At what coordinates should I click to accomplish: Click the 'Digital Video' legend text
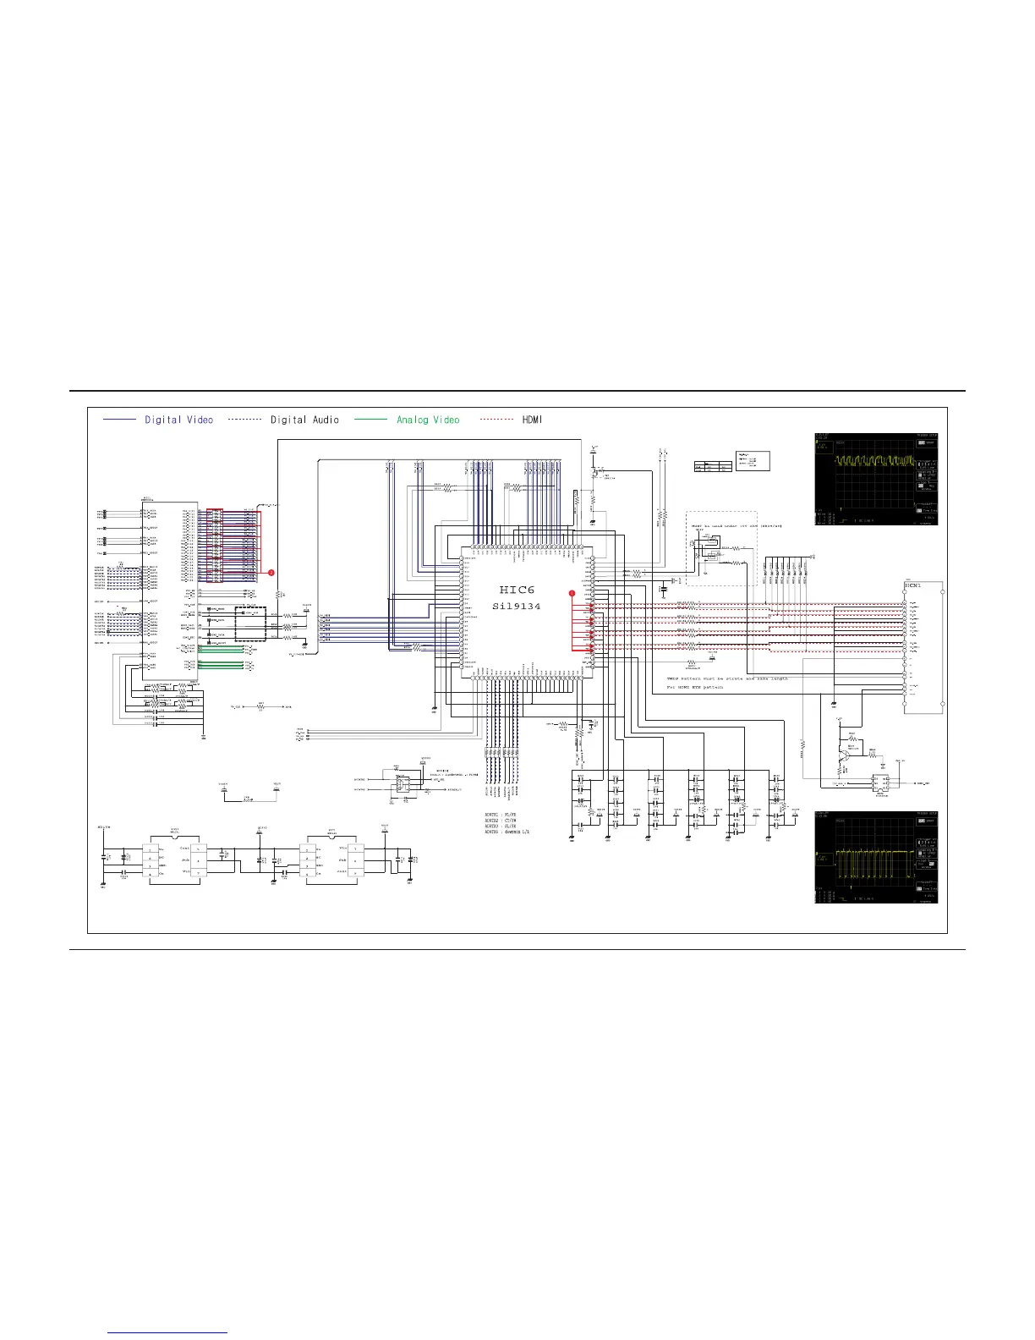(x=178, y=420)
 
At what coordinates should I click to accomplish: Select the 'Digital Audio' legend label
(x=304, y=420)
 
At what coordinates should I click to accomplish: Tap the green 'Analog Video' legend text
(x=428, y=420)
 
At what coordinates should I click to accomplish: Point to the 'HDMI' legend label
(x=532, y=420)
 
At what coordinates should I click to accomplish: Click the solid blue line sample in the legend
(x=119, y=420)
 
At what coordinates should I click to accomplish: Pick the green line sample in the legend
(x=370, y=420)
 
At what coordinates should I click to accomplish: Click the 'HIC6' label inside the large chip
(x=517, y=590)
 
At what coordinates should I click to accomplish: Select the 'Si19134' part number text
(x=517, y=607)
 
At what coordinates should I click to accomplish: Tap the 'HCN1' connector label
(x=912, y=585)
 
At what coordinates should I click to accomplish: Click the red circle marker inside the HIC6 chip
(x=572, y=593)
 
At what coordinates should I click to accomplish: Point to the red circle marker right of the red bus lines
(x=271, y=573)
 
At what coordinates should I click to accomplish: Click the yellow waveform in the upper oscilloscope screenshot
(x=874, y=463)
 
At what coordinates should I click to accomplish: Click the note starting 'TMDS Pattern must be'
(x=727, y=678)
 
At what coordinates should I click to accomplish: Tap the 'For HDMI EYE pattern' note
(x=694, y=687)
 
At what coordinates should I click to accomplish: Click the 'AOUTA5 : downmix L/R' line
(x=507, y=832)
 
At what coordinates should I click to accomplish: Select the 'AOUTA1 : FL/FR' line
(x=501, y=815)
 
